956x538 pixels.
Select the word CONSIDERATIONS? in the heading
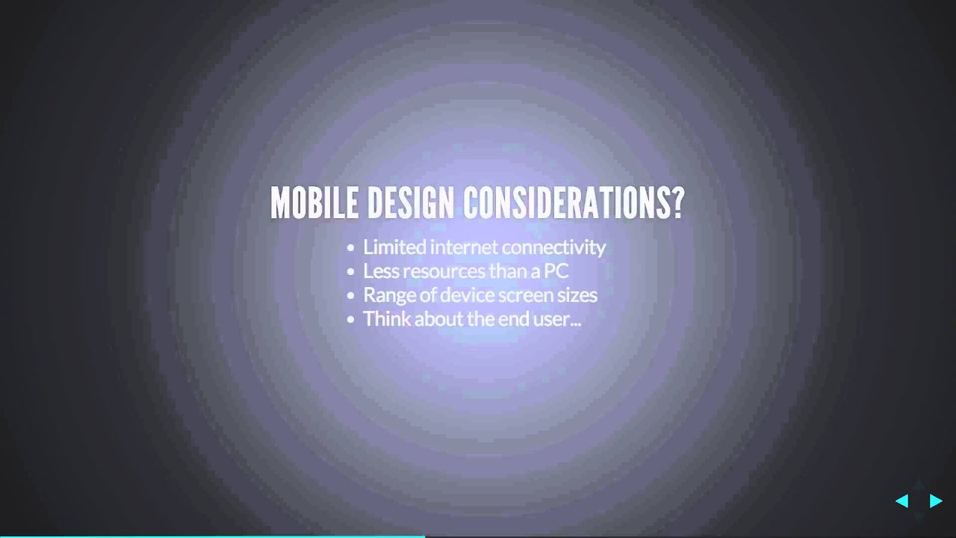[573, 203]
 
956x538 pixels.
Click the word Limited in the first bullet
[394, 247]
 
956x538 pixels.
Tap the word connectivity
[553, 247]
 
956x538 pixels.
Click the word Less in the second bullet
[378, 271]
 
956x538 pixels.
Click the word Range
[385, 295]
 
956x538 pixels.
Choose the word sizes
[577, 295]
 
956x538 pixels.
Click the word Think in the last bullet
[386, 319]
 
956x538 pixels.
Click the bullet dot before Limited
[351, 248]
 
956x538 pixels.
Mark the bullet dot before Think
[351, 320]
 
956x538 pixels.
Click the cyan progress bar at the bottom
[212, 536]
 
